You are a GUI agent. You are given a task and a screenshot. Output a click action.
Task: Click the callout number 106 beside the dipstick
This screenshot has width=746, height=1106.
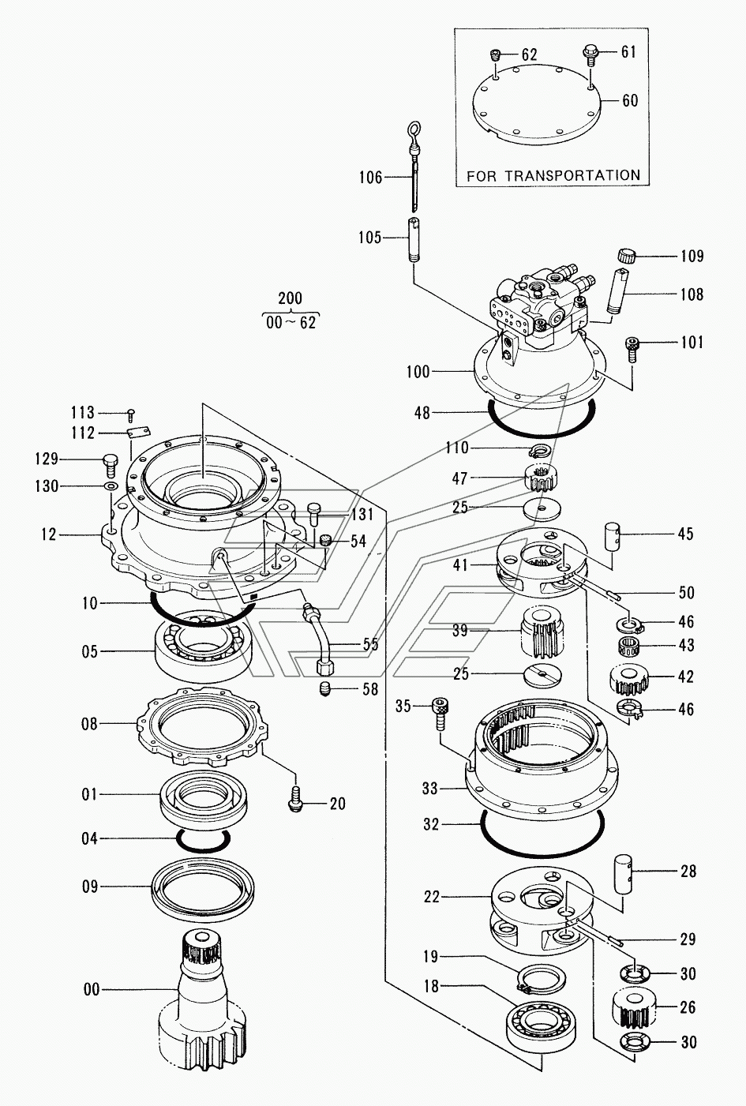[x=371, y=178]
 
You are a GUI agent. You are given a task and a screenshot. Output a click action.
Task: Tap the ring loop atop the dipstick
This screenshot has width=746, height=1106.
[x=414, y=129]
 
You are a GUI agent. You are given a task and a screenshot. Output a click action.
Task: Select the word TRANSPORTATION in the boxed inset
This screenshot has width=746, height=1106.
[x=575, y=176]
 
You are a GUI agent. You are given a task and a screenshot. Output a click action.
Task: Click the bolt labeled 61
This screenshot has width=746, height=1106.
[x=590, y=54]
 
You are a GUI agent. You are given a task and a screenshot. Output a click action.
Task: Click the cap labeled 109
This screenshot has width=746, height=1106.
[x=627, y=257]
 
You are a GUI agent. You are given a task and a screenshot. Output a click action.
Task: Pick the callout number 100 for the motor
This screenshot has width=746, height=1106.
[x=418, y=372]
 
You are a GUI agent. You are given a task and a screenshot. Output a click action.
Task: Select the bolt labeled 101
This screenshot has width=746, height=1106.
[x=632, y=349]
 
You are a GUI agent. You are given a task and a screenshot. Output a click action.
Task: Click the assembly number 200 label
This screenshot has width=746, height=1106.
[x=291, y=298]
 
